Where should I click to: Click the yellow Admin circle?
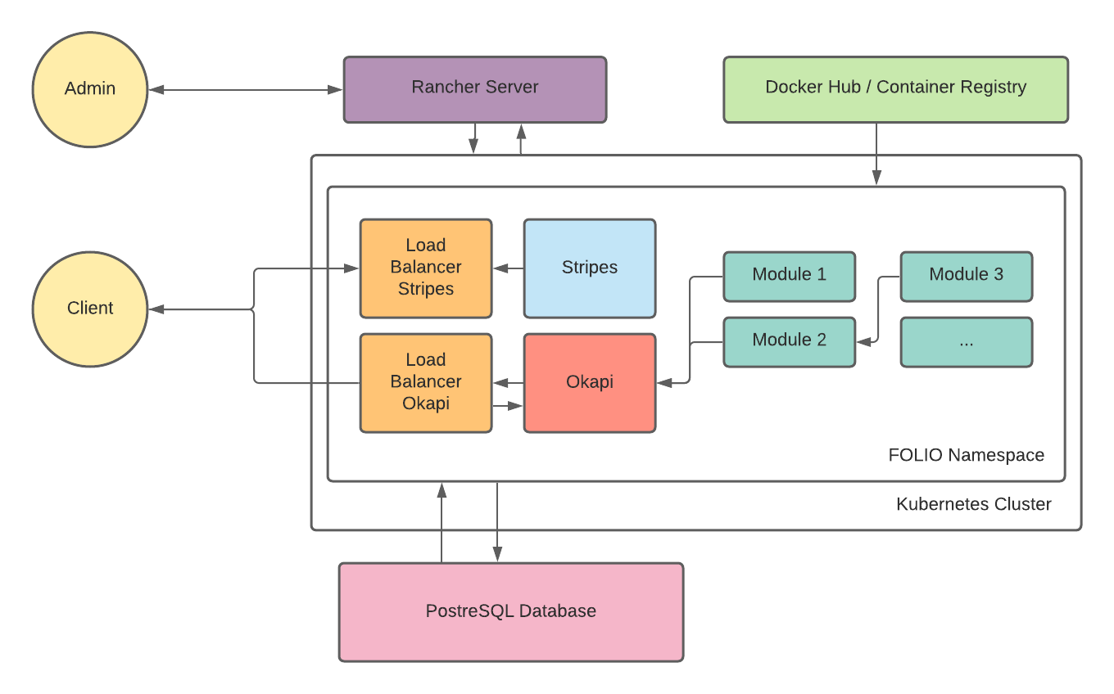[x=90, y=89]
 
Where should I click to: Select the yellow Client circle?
[x=90, y=309]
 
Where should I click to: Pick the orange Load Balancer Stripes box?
[x=426, y=268]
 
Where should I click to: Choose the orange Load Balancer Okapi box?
[x=426, y=382]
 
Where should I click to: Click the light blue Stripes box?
[x=590, y=268]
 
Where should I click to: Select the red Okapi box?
[x=590, y=382]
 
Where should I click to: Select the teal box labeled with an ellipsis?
[x=966, y=341]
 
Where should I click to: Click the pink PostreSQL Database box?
[x=511, y=611]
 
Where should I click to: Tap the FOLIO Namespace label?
[x=966, y=455]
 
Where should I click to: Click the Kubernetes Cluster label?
[x=973, y=504]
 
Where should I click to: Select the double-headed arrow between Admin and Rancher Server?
[x=246, y=89]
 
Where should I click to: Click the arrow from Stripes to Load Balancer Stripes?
[x=508, y=268]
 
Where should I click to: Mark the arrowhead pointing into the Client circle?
[x=156, y=309]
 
